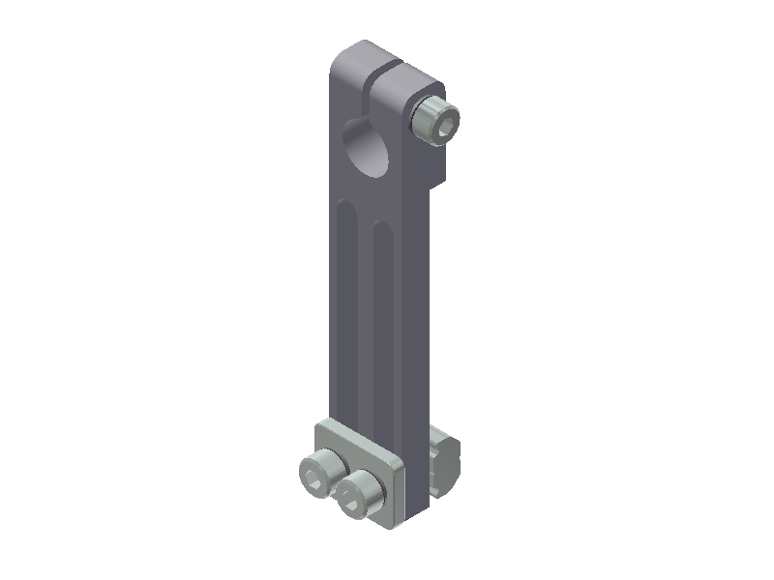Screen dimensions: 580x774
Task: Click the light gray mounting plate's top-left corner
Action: [x=322, y=425]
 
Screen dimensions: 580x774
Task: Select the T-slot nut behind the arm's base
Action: [x=444, y=458]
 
